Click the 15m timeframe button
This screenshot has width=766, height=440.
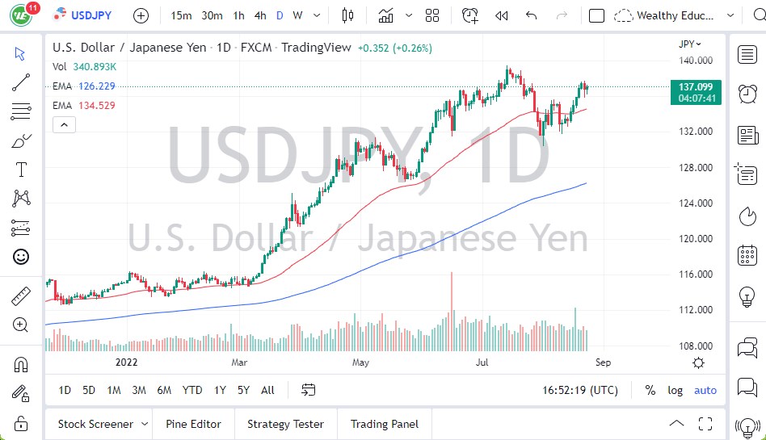pyautogui.click(x=182, y=15)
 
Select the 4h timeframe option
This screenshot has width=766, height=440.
pyautogui.click(x=260, y=15)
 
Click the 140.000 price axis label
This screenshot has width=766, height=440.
pyautogui.click(x=694, y=61)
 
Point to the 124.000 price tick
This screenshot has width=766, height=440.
pyautogui.click(x=694, y=203)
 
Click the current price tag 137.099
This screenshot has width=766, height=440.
pyautogui.click(x=694, y=86)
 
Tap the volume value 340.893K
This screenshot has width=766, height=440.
pyautogui.click(x=94, y=67)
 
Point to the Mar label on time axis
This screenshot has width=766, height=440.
pyautogui.click(x=239, y=363)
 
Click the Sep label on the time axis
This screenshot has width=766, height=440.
pyautogui.click(x=603, y=363)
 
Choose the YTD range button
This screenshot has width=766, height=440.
pyautogui.click(x=192, y=390)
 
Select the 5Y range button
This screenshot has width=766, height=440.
pyautogui.click(x=243, y=390)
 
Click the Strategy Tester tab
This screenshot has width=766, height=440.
pyautogui.click(x=285, y=424)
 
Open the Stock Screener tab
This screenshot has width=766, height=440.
pyautogui.click(x=95, y=424)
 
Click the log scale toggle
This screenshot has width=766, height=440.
pyautogui.click(x=675, y=390)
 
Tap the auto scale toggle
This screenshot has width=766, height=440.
pyautogui.click(x=705, y=390)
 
